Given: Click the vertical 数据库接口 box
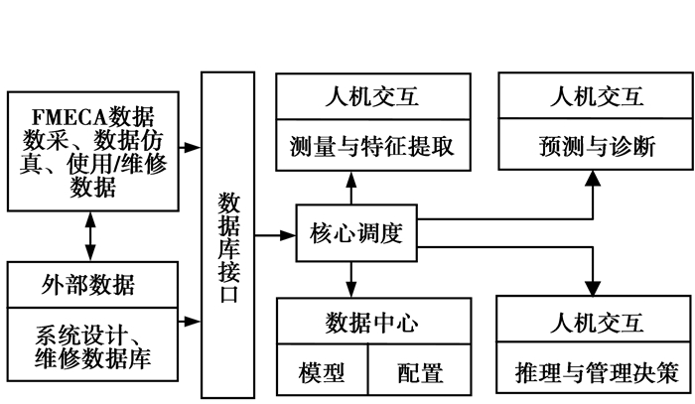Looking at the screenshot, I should tap(227, 234).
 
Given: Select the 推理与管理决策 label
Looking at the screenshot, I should tap(595, 371).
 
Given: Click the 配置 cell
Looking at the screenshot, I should tap(418, 373).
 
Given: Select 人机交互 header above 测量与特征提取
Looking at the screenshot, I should tap(372, 98).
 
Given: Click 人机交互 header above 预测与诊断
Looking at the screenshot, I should tap(595, 98).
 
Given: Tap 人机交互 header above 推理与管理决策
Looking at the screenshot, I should tap(595, 323).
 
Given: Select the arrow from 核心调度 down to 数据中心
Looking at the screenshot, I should tap(349, 278).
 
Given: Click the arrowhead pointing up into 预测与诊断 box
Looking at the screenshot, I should tap(593, 180).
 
